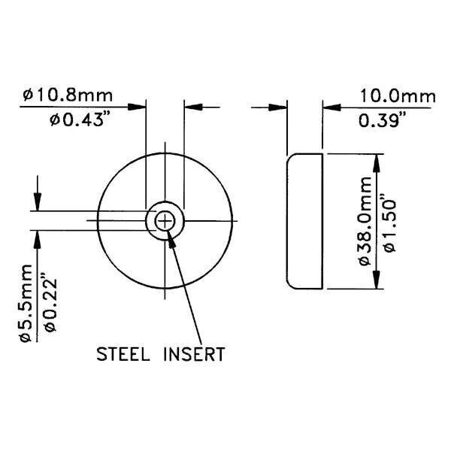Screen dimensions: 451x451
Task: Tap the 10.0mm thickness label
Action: (398, 96)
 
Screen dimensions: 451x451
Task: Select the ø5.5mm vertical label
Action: (26, 304)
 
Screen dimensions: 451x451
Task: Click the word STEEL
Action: (125, 353)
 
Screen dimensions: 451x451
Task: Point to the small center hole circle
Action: (165, 220)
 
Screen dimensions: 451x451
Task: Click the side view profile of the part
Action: (304, 221)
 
